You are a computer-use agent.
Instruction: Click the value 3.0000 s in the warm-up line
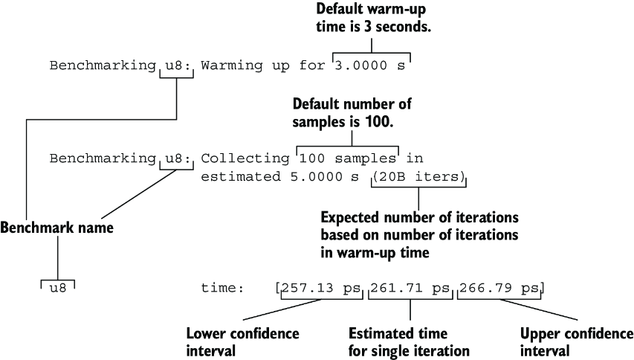coord(370,65)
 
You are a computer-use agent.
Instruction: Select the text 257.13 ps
coord(321,288)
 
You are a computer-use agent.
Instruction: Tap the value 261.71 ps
coord(410,288)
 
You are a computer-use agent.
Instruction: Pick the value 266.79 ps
coord(499,288)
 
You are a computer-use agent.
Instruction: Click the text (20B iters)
coord(419,177)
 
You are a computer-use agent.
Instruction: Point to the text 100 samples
coord(347,158)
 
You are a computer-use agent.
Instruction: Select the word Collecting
coord(245,158)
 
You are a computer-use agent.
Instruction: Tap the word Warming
coord(232,65)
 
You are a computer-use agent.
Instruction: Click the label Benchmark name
coord(56,228)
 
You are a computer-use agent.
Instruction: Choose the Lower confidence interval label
coord(242,342)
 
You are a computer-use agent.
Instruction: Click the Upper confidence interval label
coord(577,342)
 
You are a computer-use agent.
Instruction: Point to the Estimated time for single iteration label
coord(409,342)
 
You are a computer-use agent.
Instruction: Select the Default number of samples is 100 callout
coord(352,112)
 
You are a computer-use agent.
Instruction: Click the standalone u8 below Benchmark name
coord(58,289)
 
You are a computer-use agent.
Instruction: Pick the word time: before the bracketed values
coord(222,288)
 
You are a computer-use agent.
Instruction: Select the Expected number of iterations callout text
coord(419,235)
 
